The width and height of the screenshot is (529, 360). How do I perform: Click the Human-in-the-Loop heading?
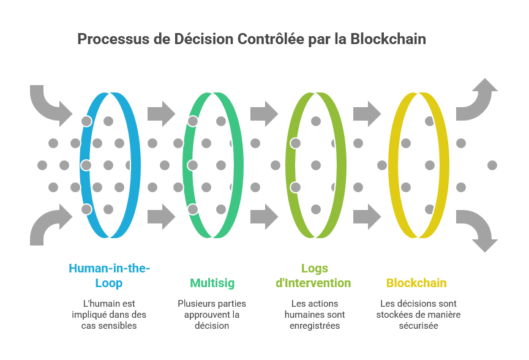(x=109, y=276)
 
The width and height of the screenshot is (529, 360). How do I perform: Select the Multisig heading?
(x=212, y=283)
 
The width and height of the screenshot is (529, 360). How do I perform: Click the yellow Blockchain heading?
(x=416, y=283)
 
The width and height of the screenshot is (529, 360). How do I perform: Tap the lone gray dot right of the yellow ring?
(x=492, y=165)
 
